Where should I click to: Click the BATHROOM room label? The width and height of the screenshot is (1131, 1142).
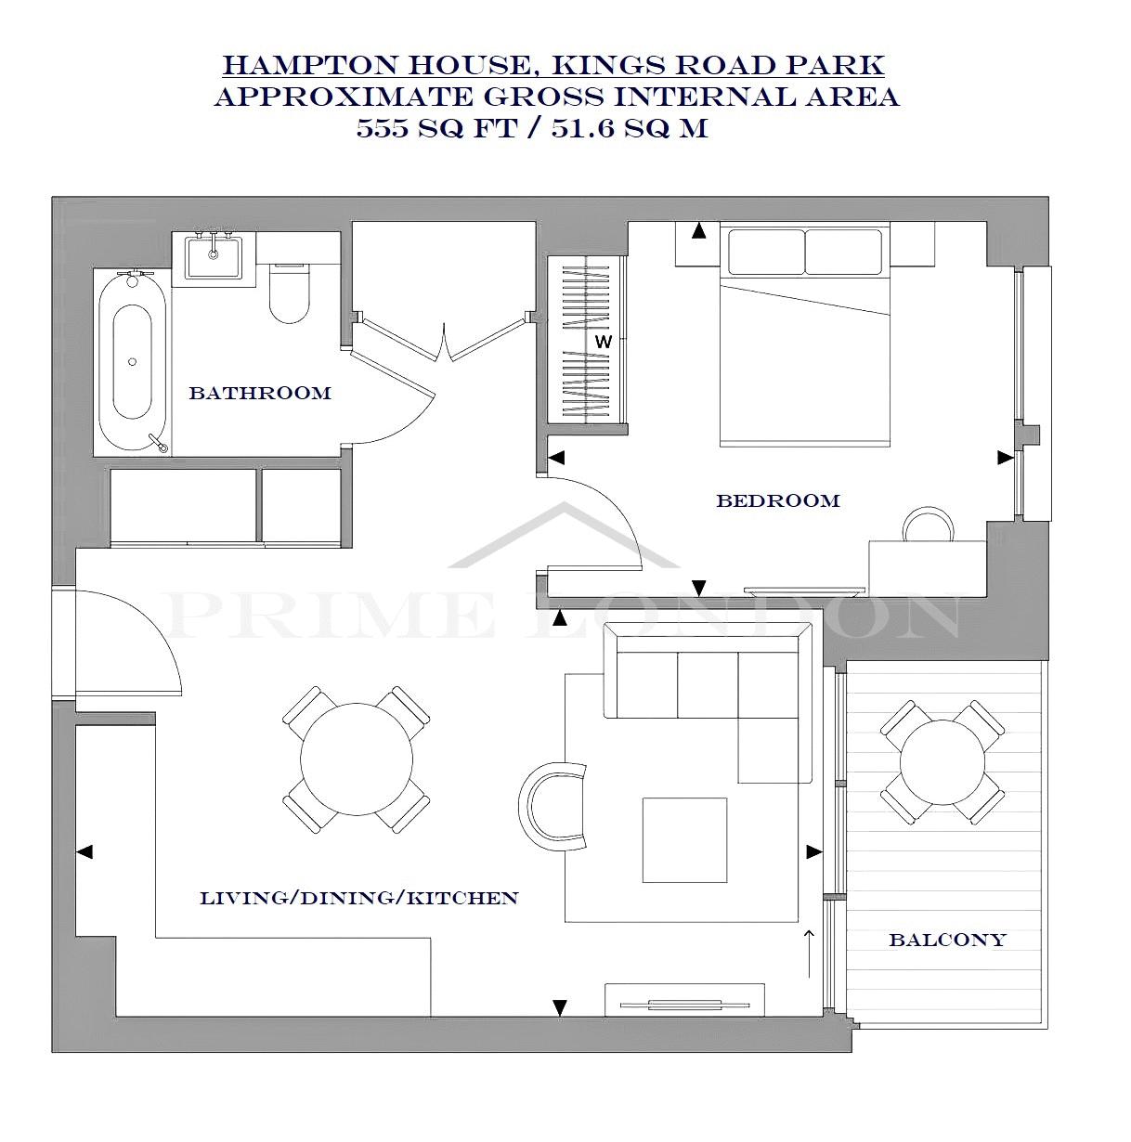pos(260,393)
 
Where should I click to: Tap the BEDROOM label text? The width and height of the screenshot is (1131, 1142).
pos(778,500)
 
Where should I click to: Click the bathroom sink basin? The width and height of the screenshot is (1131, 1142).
pos(214,256)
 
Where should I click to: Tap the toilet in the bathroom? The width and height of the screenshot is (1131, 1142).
pos(290,292)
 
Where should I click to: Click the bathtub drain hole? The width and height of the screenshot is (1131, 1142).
pos(132,361)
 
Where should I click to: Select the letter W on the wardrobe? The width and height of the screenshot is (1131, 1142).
pos(604,342)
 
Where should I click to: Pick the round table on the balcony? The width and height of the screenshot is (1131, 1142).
pos(942,762)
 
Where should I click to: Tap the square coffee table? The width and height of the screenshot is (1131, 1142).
pos(684,840)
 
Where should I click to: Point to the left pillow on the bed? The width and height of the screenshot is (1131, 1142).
pos(766,252)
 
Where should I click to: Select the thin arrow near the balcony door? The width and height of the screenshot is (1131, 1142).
pos(809,954)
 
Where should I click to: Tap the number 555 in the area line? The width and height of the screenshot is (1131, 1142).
pos(383,128)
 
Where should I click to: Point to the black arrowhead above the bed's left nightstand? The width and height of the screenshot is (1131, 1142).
pos(699,231)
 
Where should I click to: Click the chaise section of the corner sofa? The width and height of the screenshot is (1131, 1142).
pos(774,748)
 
